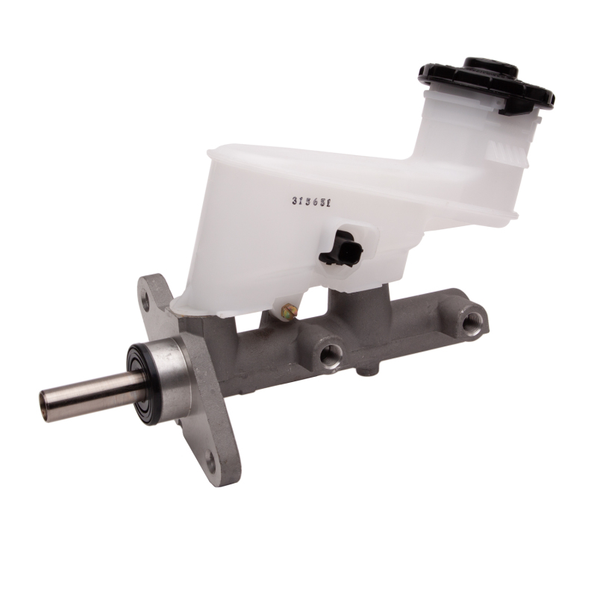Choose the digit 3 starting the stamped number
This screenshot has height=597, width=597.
click(296, 201)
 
